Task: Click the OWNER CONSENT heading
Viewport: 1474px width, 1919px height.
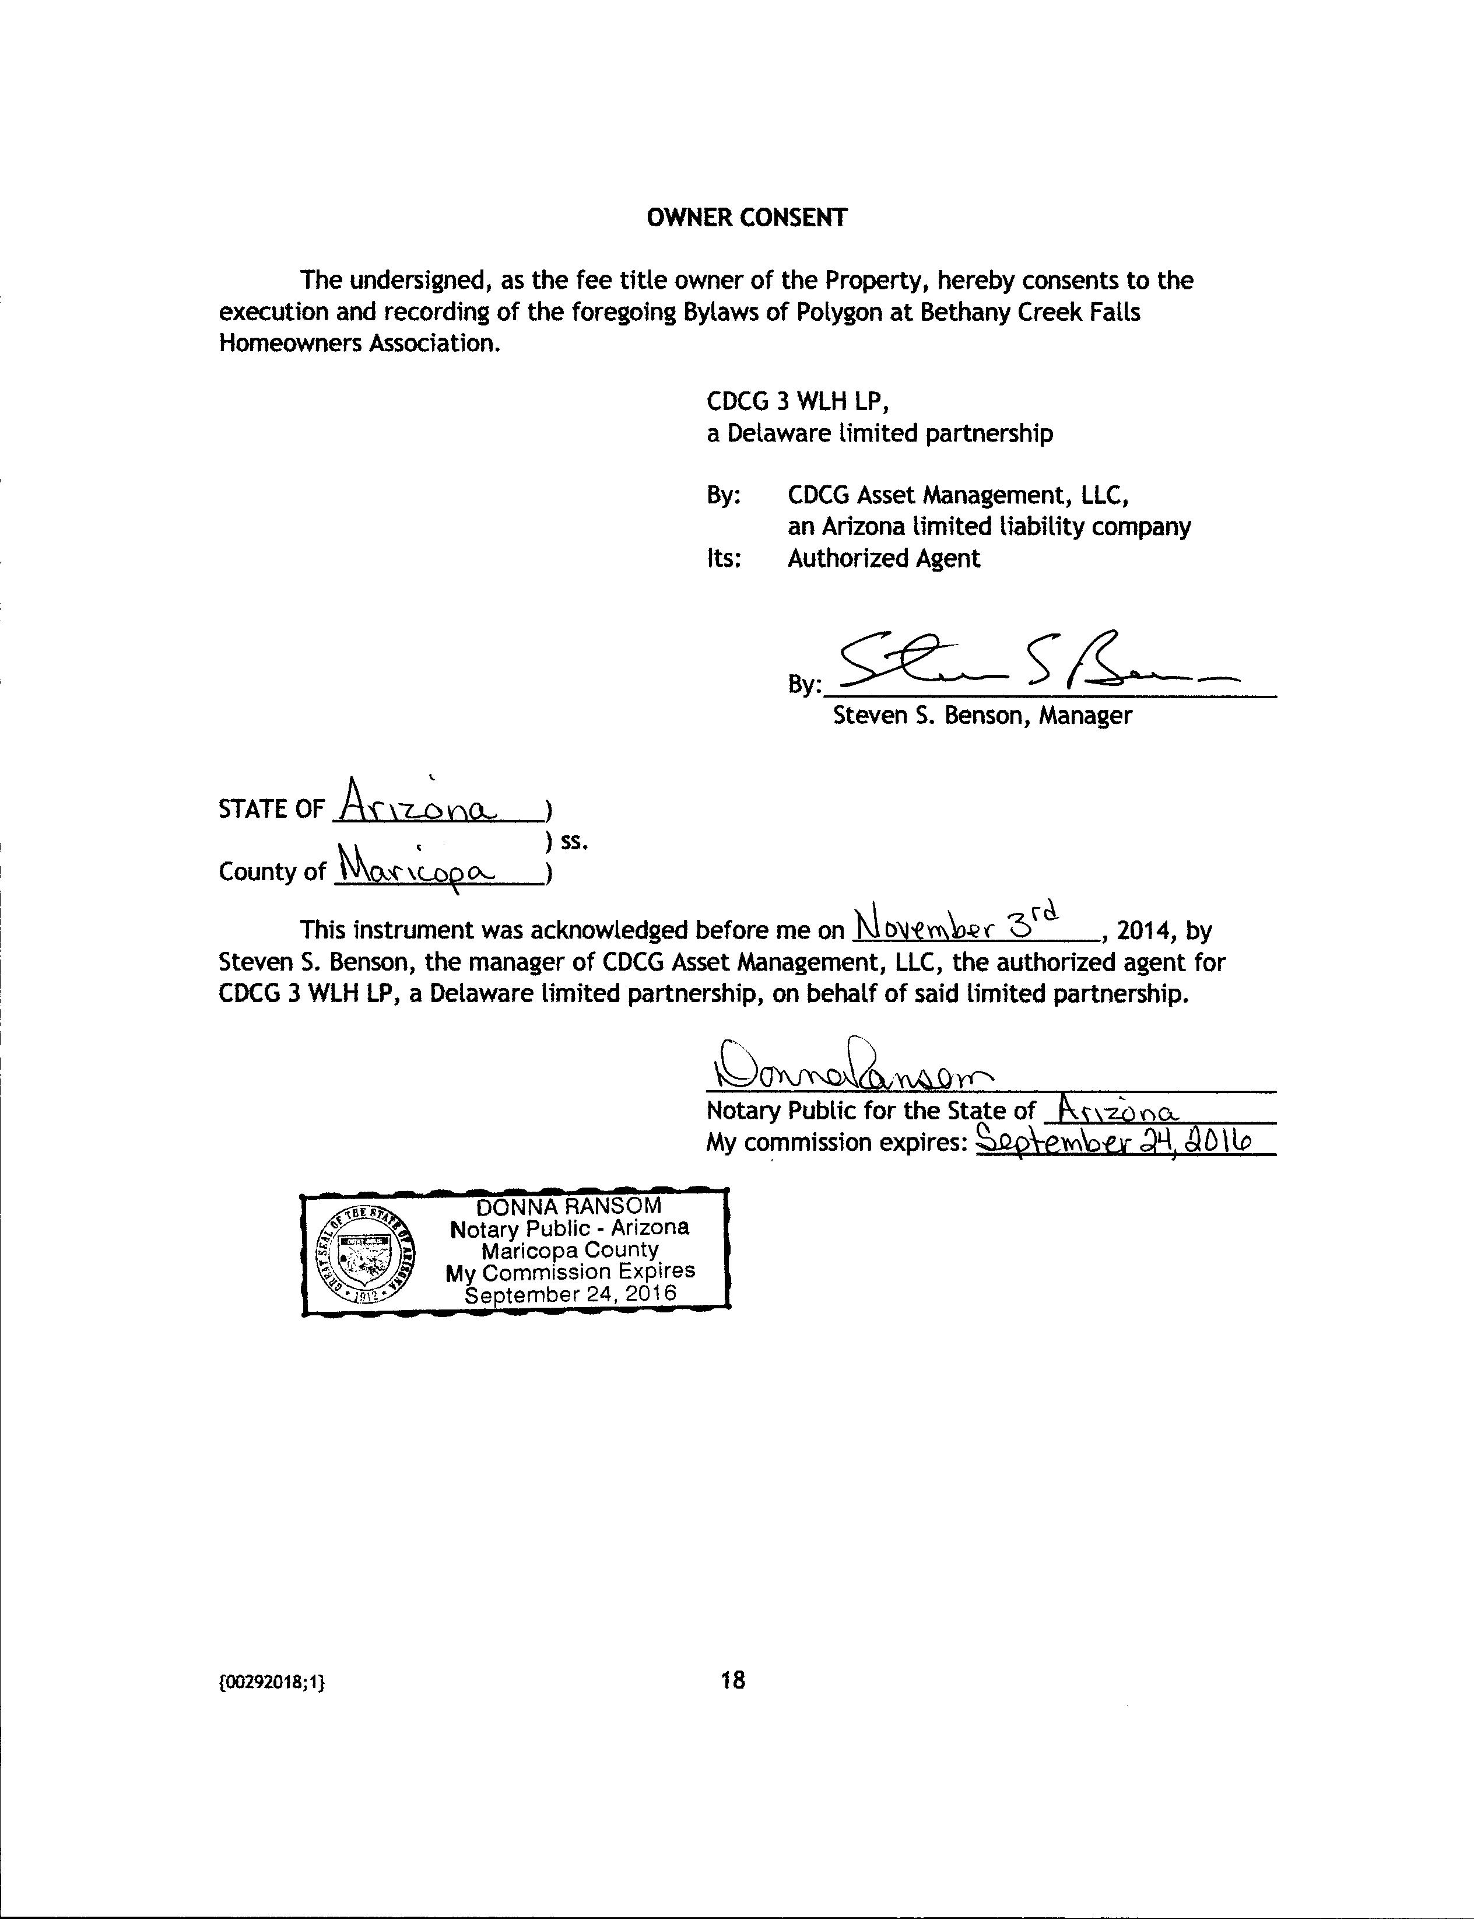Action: pyautogui.click(x=747, y=218)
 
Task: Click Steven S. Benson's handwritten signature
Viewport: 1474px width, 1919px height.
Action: pyautogui.click(x=1036, y=665)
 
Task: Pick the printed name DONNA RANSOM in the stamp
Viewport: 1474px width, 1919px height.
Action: pyautogui.click(x=568, y=1206)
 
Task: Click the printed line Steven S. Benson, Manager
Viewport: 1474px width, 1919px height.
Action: pyautogui.click(x=982, y=715)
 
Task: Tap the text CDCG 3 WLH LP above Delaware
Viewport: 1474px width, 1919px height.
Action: pyautogui.click(x=799, y=402)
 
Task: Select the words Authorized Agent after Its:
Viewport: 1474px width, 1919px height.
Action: pyautogui.click(x=883, y=558)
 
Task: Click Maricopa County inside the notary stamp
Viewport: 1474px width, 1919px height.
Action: pyautogui.click(x=570, y=1249)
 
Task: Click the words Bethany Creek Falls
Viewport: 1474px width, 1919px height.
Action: pyautogui.click(x=1030, y=313)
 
